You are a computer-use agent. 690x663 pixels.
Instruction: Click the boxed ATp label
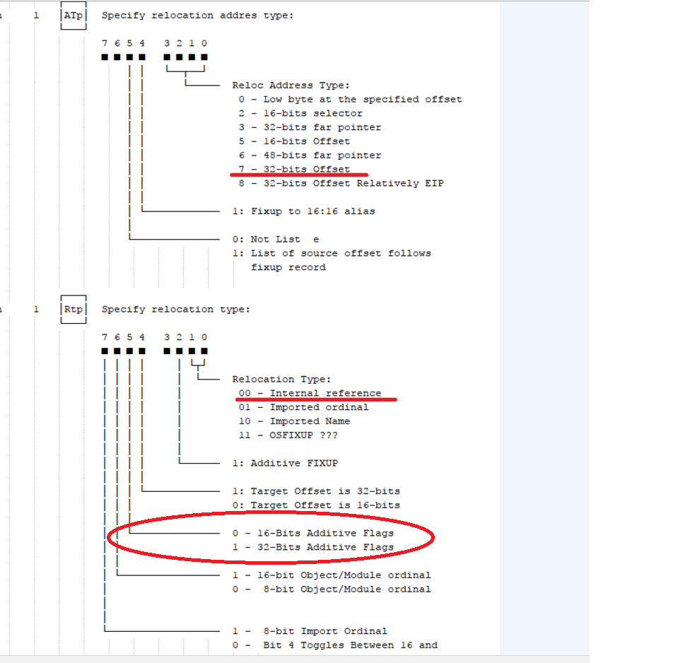point(74,15)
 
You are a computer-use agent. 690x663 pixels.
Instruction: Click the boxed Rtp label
point(74,309)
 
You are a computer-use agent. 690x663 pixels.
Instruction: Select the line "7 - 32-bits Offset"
point(294,169)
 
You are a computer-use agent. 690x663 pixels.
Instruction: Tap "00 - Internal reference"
point(310,393)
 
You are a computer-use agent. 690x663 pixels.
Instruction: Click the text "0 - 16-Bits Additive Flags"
point(313,533)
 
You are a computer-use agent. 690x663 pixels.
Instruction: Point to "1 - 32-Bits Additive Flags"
point(313,547)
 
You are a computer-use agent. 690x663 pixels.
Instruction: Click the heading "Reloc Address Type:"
point(291,85)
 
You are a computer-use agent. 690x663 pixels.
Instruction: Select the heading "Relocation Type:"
point(281,379)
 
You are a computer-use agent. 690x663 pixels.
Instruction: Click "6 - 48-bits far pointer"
point(310,155)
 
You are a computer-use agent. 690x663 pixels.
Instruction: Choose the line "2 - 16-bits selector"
point(300,113)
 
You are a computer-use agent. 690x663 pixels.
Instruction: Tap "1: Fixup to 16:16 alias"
point(303,211)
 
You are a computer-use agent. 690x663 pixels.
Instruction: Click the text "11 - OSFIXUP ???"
point(288,435)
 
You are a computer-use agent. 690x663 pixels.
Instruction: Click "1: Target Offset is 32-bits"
point(316,491)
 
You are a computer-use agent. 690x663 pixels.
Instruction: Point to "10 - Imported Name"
point(294,421)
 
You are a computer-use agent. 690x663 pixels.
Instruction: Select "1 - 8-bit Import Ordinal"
point(310,630)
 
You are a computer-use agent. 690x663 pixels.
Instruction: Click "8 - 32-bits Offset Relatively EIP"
point(341,183)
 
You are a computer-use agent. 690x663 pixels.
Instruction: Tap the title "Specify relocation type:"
point(176,309)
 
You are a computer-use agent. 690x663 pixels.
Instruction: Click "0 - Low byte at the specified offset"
point(350,99)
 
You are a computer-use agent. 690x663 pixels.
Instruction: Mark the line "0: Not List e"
point(276,239)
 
